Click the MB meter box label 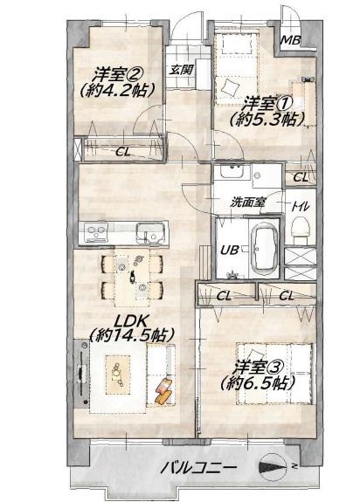290,40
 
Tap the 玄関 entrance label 181,70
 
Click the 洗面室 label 248,203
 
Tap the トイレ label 300,207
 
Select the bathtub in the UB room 264,246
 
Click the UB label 229,250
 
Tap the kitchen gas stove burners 96,231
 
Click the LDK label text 132,320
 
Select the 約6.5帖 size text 258,383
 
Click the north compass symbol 273,466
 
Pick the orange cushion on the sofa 164,390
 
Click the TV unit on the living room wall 81,373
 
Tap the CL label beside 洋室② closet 123,152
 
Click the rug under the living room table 118,375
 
